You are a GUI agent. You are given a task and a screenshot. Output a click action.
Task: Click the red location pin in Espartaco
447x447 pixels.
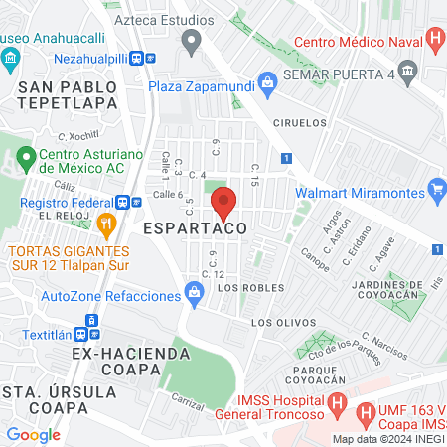pyautogui.click(x=223, y=203)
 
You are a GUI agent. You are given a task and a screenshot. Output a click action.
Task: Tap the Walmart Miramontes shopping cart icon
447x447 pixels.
pyautogui.click(x=436, y=188)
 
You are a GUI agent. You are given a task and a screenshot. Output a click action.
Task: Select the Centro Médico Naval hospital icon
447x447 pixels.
pyautogui.click(x=435, y=41)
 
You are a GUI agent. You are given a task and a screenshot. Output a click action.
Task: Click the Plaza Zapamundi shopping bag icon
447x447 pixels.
pyautogui.click(x=265, y=80)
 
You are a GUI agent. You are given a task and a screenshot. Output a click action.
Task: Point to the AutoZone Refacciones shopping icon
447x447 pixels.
pyautogui.click(x=195, y=292)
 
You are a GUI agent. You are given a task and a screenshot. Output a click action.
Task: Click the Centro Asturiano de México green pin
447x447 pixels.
pyautogui.click(x=26, y=157)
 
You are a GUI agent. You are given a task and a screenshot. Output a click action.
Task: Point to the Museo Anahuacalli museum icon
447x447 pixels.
pyautogui.click(x=10, y=58)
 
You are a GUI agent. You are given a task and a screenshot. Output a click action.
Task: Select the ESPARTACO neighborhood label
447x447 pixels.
pyautogui.click(x=193, y=228)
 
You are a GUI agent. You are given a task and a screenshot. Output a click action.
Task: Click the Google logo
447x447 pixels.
pyautogui.click(x=33, y=434)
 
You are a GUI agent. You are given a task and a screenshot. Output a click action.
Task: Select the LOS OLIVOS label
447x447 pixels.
pyautogui.click(x=274, y=323)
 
